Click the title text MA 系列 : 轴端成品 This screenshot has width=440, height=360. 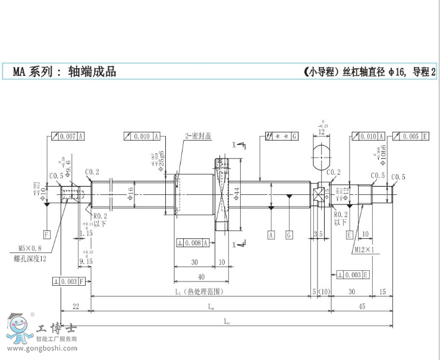point(64,72)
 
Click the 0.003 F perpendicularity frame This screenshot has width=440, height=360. point(70,281)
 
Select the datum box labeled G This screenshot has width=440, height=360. point(289,235)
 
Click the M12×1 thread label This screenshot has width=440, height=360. point(363,250)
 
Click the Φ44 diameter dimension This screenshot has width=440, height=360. point(236,193)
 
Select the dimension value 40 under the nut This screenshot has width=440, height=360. point(201,276)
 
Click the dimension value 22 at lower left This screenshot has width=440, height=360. point(76,307)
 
